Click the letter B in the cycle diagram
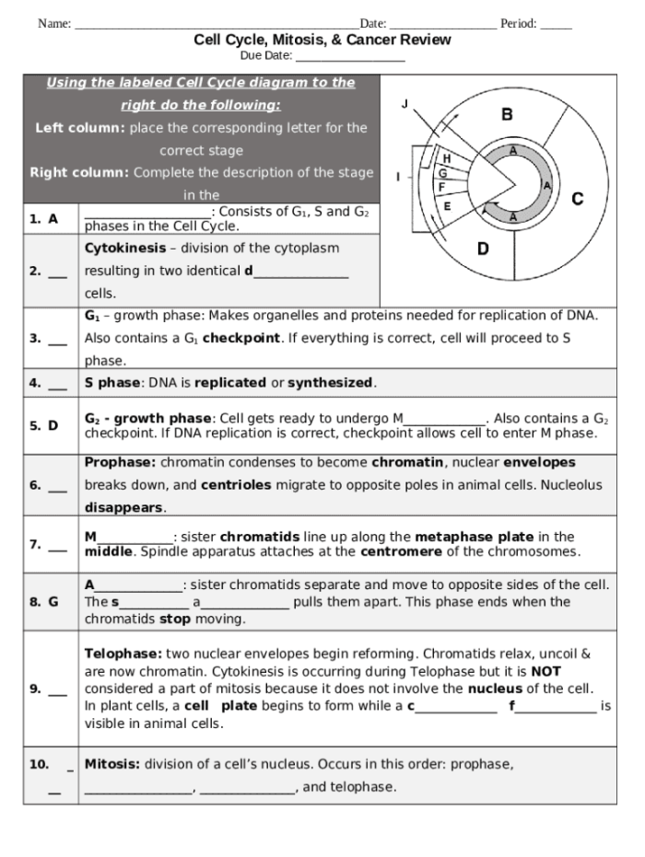click(x=507, y=115)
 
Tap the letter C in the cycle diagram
click(x=578, y=199)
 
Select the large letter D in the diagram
click(x=484, y=248)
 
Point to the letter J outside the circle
click(x=405, y=104)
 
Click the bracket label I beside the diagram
click(x=398, y=175)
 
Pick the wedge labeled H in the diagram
click(x=447, y=158)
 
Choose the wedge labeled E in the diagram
click(x=447, y=205)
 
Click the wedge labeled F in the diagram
click(x=441, y=187)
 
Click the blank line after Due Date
click(x=350, y=58)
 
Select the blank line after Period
click(x=556, y=25)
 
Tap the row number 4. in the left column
click(x=35, y=383)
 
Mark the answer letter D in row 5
click(x=53, y=425)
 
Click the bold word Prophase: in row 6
click(x=121, y=462)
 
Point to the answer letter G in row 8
click(x=53, y=601)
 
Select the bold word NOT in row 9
click(x=545, y=671)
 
